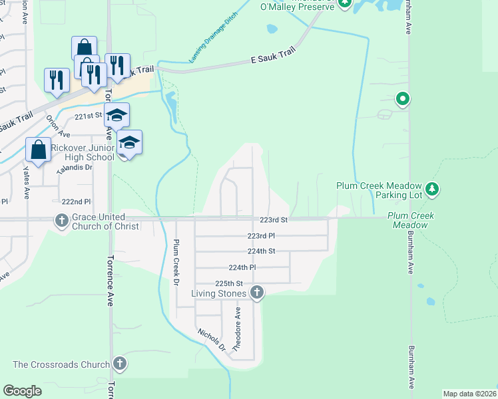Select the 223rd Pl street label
[x=261, y=235]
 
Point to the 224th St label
[x=261, y=251]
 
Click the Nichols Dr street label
[x=211, y=339]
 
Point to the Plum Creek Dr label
[x=177, y=263]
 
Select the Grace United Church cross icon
[x=62, y=220]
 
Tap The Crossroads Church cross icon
[x=119, y=364]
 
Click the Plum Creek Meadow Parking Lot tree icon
[x=433, y=190]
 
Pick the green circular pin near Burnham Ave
[x=402, y=100]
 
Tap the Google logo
[x=22, y=391]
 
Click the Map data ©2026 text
[x=469, y=394]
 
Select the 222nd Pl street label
[x=75, y=201]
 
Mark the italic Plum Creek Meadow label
[x=411, y=220]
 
